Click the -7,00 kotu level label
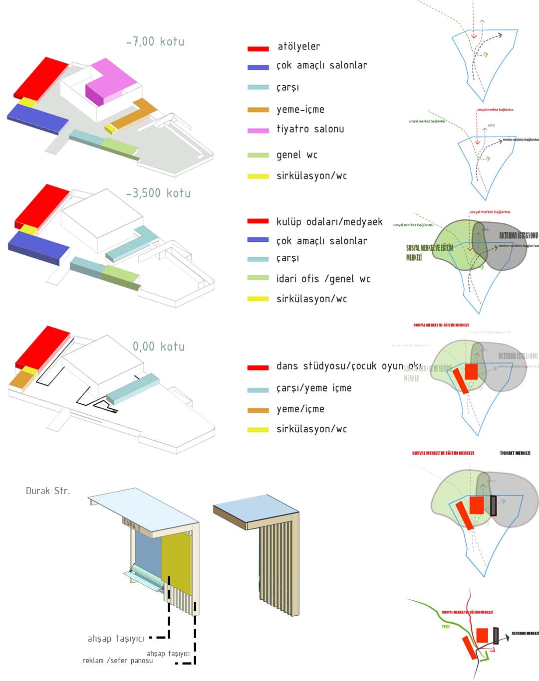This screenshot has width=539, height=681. pyautogui.click(x=155, y=41)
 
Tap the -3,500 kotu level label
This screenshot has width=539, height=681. pyautogui.click(x=159, y=193)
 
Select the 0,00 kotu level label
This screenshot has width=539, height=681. pyautogui.click(x=159, y=346)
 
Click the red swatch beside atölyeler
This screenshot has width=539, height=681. pyautogui.click(x=258, y=48)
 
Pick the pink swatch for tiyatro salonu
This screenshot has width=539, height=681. pyautogui.click(x=258, y=131)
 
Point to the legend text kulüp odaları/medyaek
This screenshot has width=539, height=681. pyautogui.click(x=329, y=222)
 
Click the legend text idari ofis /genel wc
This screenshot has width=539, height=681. pyautogui.click(x=323, y=279)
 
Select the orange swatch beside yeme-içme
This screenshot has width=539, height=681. pyautogui.click(x=258, y=110)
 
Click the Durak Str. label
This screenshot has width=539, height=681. pyautogui.click(x=48, y=491)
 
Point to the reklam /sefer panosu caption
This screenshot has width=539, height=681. pyautogui.click(x=118, y=661)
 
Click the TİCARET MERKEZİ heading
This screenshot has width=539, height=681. pyautogui.click(x=515, y=453)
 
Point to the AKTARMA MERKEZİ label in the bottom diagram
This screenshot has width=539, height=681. pyautogui.click(x=525, y=634)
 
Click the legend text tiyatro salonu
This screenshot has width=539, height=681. pyautogui.click(x=310, y=129)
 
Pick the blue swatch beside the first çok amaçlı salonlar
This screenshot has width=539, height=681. pyautogui.click(x=258, y=67)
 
